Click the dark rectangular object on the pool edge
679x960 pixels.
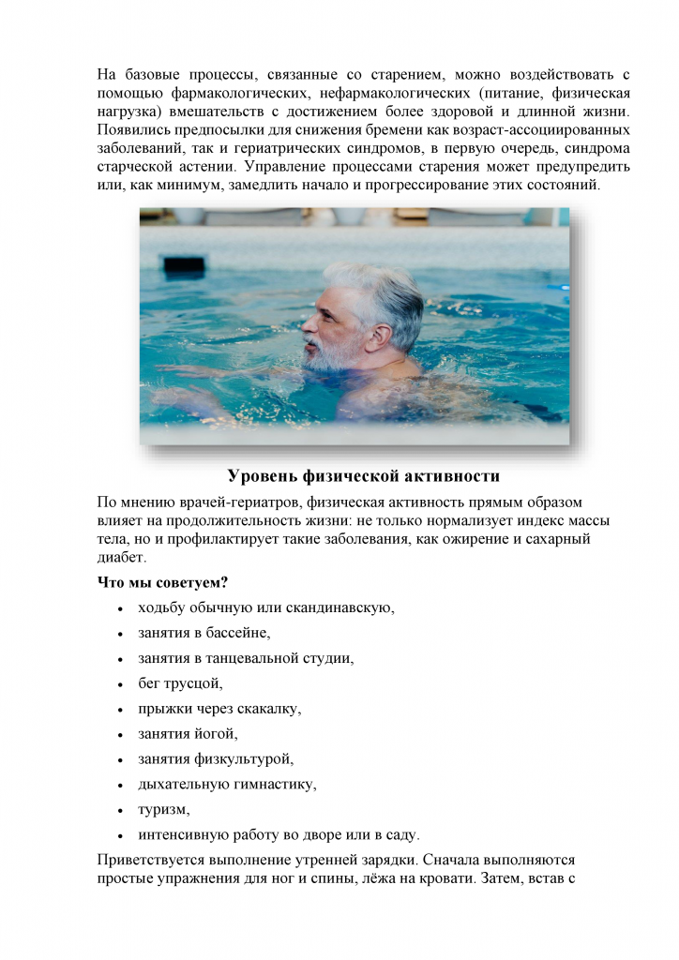click(184, 265)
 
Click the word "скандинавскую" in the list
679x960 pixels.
click(339, 607)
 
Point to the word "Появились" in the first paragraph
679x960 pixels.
click(136, 128)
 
